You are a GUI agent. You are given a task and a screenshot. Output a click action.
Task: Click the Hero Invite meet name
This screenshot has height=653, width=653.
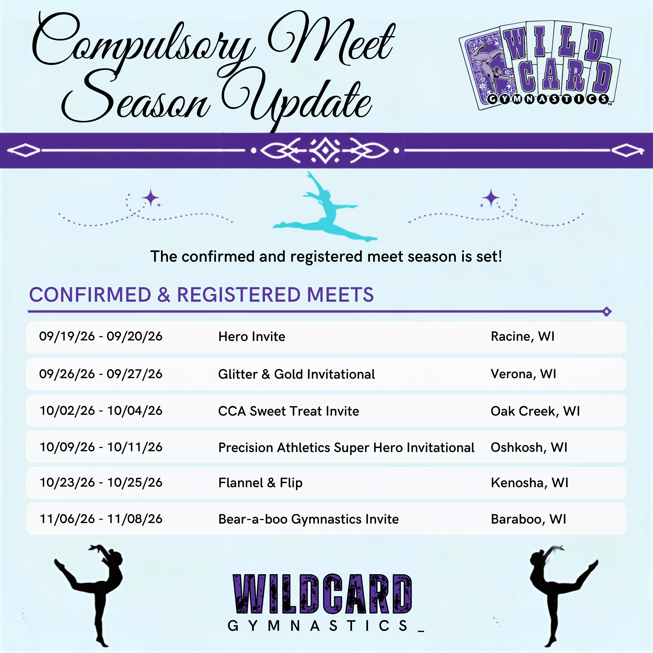coord(252,337)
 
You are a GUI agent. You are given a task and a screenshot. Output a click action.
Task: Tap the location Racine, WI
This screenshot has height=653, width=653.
coord(523,337)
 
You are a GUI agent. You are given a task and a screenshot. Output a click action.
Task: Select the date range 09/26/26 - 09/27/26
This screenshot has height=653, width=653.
coord(101,374)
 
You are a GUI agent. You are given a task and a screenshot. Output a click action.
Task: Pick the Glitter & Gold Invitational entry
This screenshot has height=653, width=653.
coord(297,374)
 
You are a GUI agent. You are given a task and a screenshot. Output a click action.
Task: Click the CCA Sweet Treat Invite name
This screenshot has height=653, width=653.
coord(289,411)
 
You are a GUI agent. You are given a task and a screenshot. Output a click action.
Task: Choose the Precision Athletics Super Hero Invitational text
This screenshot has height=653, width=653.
coord(346,447)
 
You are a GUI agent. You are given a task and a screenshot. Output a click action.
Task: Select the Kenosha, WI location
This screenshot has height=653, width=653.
coord(530,483)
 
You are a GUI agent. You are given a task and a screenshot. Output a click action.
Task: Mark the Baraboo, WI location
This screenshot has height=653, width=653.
coord(528,519)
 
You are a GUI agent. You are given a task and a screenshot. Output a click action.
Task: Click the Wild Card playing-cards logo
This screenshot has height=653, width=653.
coord(540,66)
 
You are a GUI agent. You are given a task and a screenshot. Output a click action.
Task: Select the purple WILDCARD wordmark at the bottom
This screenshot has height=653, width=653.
coord(322,594)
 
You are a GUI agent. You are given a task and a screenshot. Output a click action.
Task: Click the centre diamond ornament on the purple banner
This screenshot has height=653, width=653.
coord(325,150)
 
